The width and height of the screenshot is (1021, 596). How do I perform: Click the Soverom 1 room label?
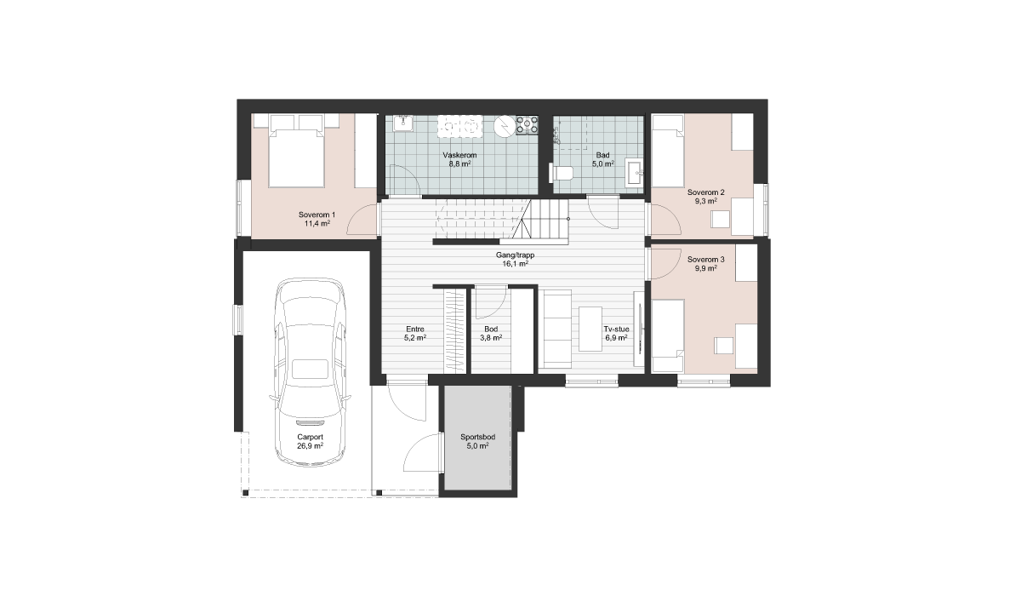click(317, 215)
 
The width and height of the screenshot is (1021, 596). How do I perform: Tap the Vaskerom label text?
click(459, 155)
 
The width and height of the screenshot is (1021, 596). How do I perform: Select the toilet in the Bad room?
click(562, 173)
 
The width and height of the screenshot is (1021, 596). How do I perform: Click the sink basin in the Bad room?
click(634, 173)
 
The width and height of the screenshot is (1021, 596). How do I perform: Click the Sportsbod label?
click(477, 437)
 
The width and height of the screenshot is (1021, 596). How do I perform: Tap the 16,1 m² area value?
click(515, 264)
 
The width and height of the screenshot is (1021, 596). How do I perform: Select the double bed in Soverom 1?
click(296, 151)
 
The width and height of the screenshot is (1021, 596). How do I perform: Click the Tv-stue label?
click(616, 329)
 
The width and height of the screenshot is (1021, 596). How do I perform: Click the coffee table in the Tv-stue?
click(590, 330)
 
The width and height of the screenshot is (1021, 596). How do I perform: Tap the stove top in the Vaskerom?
click(527, 125)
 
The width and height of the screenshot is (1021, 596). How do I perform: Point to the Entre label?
click(415, 329)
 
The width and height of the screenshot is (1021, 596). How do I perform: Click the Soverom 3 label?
click(705, 260)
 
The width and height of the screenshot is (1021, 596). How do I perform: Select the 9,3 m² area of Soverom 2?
click(706, 201)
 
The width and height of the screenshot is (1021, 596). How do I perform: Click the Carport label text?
click(310, 437)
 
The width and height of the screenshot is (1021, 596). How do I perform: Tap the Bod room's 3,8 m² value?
click(491, 338)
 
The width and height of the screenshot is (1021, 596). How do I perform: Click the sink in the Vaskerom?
click(403, 123)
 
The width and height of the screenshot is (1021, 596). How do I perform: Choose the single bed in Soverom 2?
click(668, 151)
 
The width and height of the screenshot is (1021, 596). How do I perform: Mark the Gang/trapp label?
click(515, 255)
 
